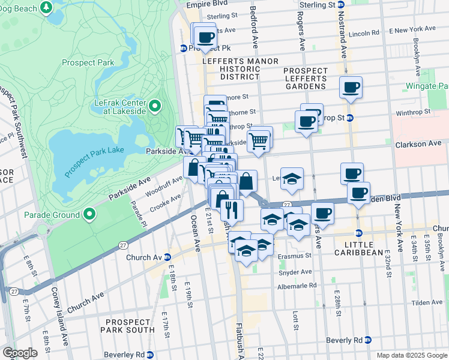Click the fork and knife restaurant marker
click(x=232, y=210)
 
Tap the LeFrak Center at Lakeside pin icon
click(x=155, y=107)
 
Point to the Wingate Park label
click(x=435, y=86)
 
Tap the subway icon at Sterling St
click(x=340, y=4)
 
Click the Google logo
click(x=20, y=353)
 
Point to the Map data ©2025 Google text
click(x=411, y=355)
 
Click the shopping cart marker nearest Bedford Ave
click(x=259, y=142)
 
